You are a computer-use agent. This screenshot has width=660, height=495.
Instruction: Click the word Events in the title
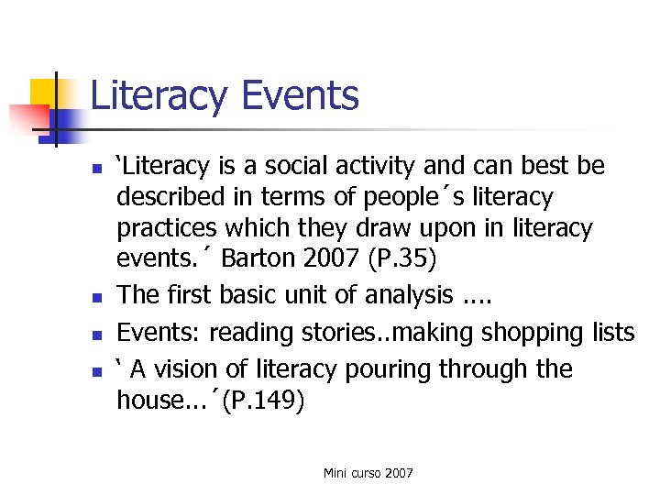299,95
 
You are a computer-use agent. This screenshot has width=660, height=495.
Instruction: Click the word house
146,401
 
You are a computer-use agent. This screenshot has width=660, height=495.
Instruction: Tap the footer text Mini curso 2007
368,473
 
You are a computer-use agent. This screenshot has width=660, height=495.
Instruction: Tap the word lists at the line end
611,332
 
